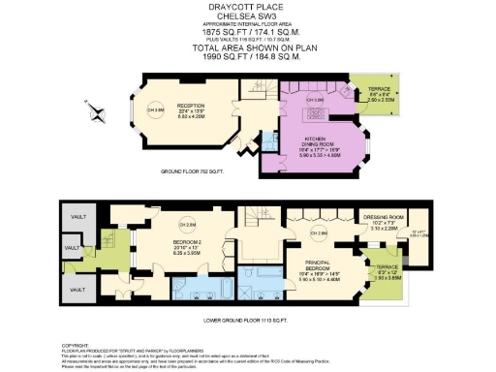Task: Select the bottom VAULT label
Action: pyautogui.click(x=75, y=289)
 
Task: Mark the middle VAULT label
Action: pyautogui.click(x=70, y=248)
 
